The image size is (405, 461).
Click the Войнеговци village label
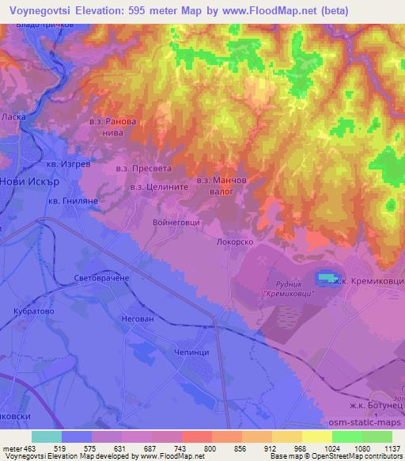(176, 223)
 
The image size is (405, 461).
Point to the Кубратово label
(32, 312)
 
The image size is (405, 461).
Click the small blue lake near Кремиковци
(326, 277)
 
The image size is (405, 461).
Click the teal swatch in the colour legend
(47, 436)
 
